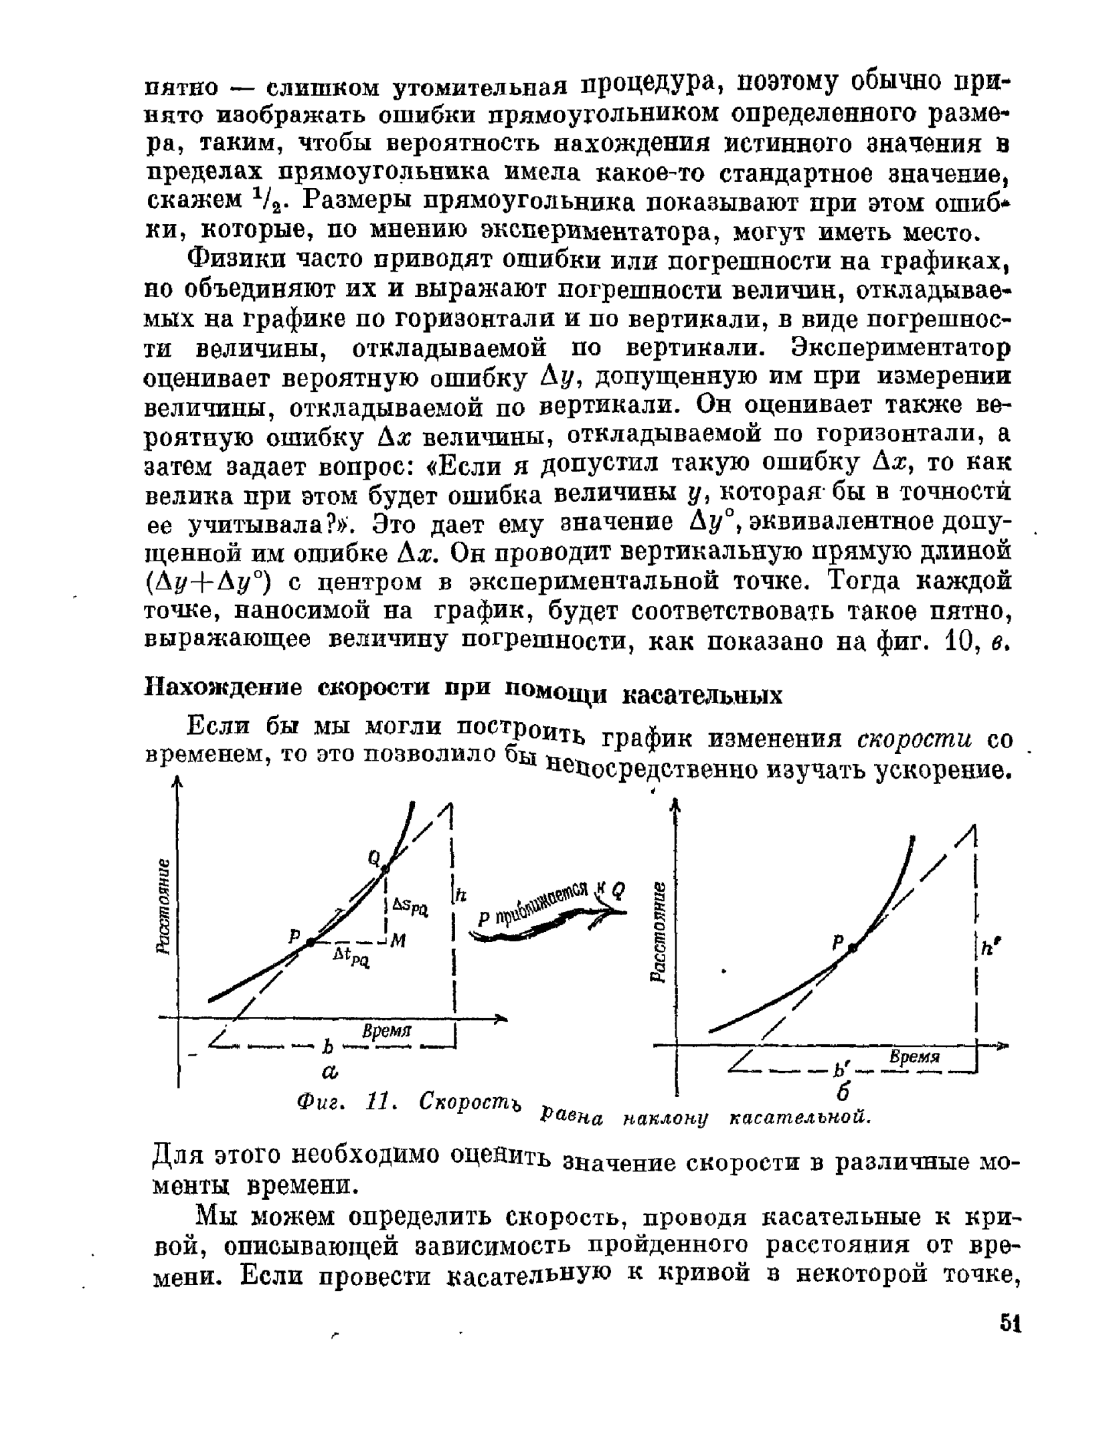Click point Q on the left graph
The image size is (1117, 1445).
(x=385, y=869)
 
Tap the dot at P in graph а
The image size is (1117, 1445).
(x=311, y=942)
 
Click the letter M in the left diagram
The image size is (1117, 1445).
(x=398, y=941)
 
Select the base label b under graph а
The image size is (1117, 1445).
(x=328, y=1046)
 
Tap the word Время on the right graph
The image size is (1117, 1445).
(x=915, y=1057)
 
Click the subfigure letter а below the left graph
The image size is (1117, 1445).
(x=330, y=1073)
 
